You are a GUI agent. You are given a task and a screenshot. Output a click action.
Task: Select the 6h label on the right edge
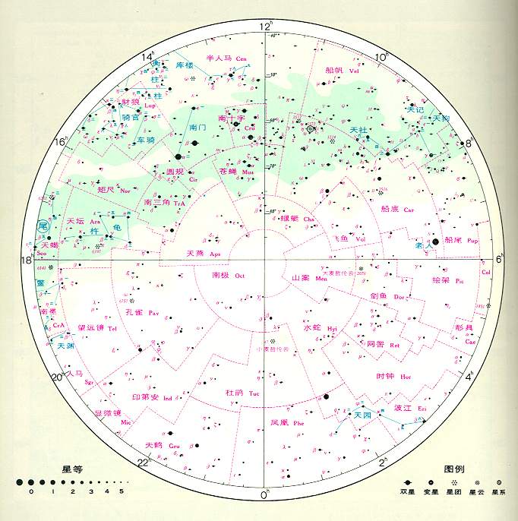click(x=501, y=259)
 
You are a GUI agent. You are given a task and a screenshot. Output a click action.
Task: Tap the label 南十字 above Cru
click(x=231, y=119)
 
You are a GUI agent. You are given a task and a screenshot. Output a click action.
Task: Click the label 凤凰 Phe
click(x=286, y=422)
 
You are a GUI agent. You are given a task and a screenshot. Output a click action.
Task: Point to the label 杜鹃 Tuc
click(x=242, y=392)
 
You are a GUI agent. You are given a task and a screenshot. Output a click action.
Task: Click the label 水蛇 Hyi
click(x=320, y=328)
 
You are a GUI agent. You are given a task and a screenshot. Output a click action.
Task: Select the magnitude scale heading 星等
click(x=71, y=469)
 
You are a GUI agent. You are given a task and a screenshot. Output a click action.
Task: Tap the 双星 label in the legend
click(x=409, y=492)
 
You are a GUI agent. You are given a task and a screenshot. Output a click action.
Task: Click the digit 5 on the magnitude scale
click(x=120, y=492)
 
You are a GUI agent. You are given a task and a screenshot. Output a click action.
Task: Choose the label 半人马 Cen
click(x=227, y=57)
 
